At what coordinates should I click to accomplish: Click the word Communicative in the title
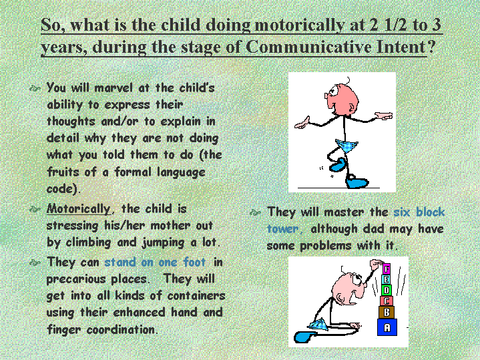pyautogui.click(x=308, y=47)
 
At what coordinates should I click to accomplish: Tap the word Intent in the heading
pyautogui.click(x=401, y=47)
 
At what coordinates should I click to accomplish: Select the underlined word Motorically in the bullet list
pyautogui.click(x=78, y=209)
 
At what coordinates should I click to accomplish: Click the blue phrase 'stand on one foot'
pyautogui.click(x=155, y=262)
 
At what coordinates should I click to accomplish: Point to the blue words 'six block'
pyautogui.click(x=419, y=212)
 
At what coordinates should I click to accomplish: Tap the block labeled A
pyautogui.click(x=387, y=327)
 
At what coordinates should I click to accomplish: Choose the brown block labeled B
pyautogui.click(x=387, y=312)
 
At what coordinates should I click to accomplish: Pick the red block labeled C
pyautogui.click(x=387, y=301)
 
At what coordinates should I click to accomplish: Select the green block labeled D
pyautogui.click(x=387, y=290)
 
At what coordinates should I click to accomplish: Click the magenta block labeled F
pyautogui.click(x=387, y=269)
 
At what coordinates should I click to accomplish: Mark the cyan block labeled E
pyautogui.click(x=387, y=280)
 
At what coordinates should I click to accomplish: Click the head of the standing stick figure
pyautogui.click(x=342, y=99)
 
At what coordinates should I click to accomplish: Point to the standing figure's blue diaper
pyautogui.click(x=346, y=146)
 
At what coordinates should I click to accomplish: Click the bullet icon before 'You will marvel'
pyautogui.click(x=35, y=89)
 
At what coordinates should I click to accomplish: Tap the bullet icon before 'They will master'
pyautogui.click(x=255, y=212)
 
